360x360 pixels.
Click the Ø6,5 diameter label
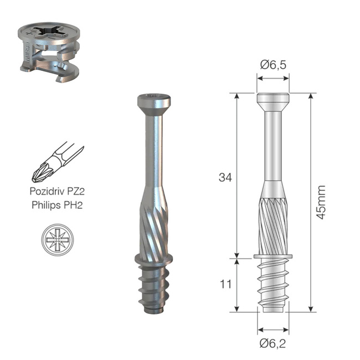click(x=272, y=65)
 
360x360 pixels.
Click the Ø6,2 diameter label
click(x=272, y=344)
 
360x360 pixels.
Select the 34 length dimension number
click(x=224, y=178)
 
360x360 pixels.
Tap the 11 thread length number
click(x=224, y=285)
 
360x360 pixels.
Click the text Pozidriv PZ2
click(x=58, y=193)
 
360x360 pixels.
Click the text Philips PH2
click(x=58, y=205)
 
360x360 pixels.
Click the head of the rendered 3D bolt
click(x=154, y=102)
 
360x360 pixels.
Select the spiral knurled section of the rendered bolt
click(x=153, y=224)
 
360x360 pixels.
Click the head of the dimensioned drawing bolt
click(x=273, y=101)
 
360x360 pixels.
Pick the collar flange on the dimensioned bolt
click(x=273, y=256)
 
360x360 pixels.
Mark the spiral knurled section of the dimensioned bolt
click(x=273, y=222)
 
